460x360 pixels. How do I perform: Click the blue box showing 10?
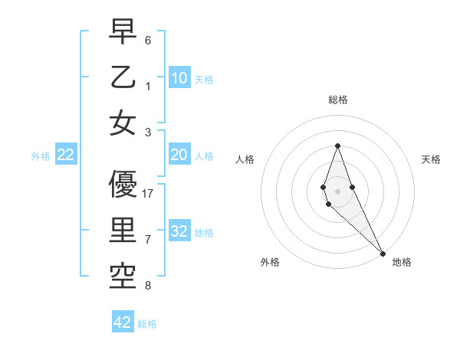[179, 77]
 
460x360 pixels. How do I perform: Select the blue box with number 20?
[179, 155]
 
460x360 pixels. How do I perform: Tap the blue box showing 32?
[179, 232]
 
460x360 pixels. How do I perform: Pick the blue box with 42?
[123, 322]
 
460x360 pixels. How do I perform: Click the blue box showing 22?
[66, 155]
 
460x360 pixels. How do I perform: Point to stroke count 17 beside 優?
[149, 194]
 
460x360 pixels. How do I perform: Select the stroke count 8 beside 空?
[148, 286]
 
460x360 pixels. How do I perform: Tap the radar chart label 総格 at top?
[337, 100]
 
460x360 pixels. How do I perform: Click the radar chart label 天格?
[431, 159]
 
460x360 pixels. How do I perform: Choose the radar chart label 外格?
[270, 262]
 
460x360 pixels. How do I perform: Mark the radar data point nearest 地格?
[383, 253]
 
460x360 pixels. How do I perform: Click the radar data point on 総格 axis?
[337, 146]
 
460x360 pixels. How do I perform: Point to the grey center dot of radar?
[337, 190]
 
